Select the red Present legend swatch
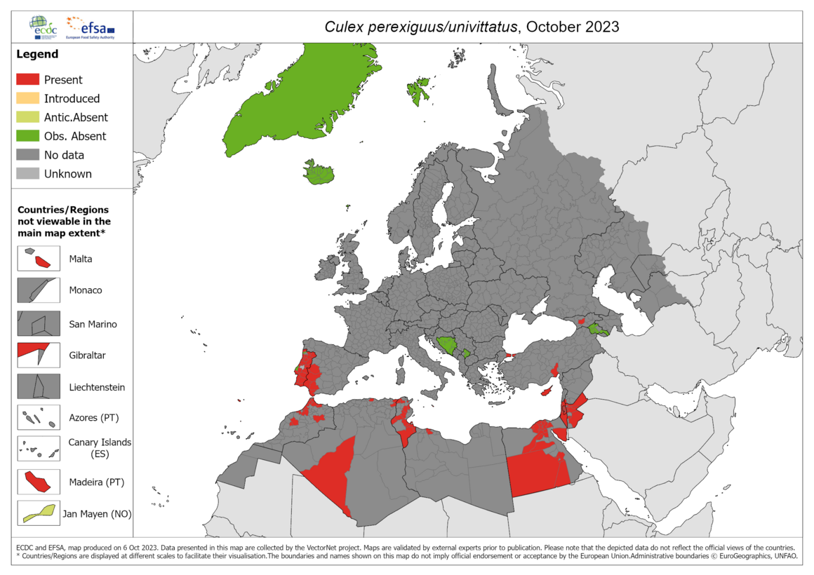point(28,80)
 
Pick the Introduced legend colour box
point(28,99)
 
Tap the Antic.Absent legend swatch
point(28,118)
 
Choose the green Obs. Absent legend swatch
point(28,136)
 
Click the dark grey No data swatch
point(28,155)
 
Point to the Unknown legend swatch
point(28,174)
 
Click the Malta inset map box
point(39,259)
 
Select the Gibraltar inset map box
point(39,356)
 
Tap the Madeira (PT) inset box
point(39,482)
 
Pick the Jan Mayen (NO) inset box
point(39,514)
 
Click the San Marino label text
point(93,324)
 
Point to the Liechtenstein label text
point(97,387)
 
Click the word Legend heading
point(37,54)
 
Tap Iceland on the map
point(320,172)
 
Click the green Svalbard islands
point(418,90)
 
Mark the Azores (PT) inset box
point(39,419)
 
